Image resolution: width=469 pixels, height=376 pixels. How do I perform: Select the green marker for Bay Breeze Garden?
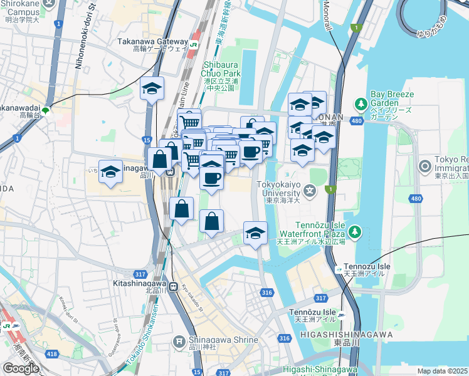361,103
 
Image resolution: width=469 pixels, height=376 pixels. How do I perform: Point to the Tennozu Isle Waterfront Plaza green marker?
356,232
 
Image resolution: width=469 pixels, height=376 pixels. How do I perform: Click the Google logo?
21,368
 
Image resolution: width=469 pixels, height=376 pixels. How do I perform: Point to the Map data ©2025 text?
443,371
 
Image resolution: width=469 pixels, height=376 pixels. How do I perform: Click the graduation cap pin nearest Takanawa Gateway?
152,90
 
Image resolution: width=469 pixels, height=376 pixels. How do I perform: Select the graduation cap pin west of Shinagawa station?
111,172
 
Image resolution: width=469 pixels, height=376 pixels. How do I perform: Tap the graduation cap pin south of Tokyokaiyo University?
255,234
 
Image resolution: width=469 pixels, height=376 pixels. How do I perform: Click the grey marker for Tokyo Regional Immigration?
425,166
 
